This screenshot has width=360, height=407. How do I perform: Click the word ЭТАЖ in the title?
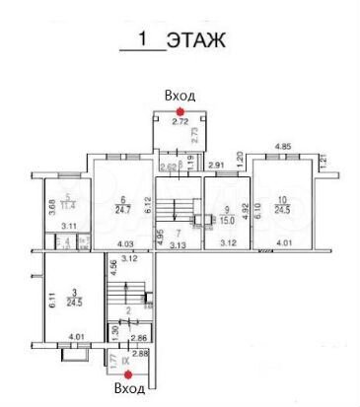click(x=197, y=40)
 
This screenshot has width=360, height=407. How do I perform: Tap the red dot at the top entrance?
click(x=179, y=111)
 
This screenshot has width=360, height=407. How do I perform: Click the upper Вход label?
click(x=180, y=96)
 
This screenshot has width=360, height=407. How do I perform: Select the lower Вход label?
click(x=130, y=390)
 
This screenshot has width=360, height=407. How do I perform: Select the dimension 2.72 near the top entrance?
click(x=180, y=122)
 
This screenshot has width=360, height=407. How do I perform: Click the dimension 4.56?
click(x=113, y=263)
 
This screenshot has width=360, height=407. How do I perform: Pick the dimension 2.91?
click(x=218, y=166)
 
